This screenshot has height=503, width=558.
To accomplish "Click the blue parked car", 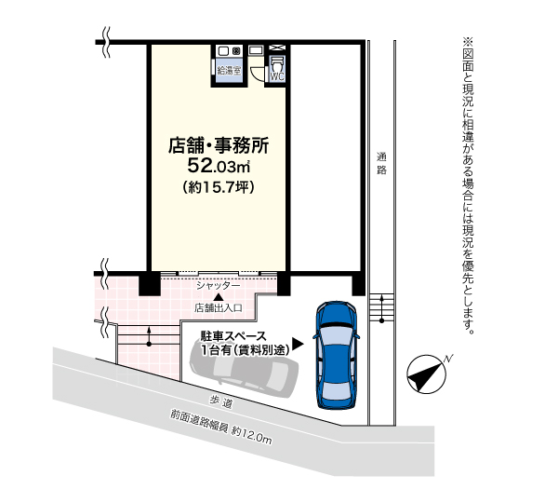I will click(335, 354).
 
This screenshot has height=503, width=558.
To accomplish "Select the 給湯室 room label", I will click(228, 70).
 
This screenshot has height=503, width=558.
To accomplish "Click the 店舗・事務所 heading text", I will click(219, 145).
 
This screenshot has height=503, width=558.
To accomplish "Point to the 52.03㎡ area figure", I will click(219, 167).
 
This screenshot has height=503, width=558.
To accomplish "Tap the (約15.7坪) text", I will click(219, 188).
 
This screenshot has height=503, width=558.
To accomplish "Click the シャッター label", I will click(219, 285).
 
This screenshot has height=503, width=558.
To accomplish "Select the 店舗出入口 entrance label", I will click(219, 306).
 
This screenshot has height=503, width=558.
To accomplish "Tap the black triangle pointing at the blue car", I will click(298, 343).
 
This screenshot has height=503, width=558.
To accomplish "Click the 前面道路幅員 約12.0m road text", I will click(219, 428).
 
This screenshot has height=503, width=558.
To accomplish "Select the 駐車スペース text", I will click(233, 335).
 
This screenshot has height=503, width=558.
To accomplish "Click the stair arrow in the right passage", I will click(381, 308).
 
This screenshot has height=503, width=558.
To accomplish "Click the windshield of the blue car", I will click(335, 333).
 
